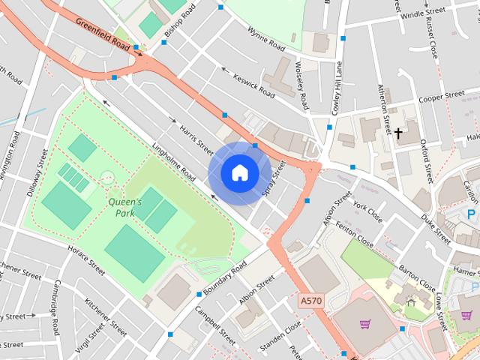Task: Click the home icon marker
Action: click(239, 172)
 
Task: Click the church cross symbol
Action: click(398, 134)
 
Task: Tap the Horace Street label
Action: click(86, 259)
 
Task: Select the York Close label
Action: click(367, 212)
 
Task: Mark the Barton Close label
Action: click(417, 278)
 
